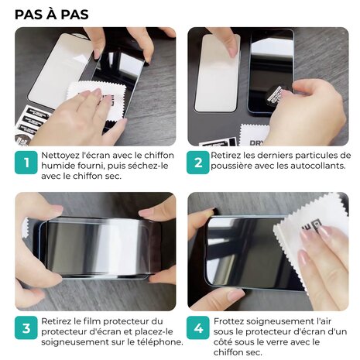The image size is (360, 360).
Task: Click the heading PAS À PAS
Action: click(x=51, y=14)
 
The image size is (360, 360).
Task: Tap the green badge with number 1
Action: click(x=26, y=163)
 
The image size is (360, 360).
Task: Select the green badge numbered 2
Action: click(x=199, y=163)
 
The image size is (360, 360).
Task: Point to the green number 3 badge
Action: click(x=26, y=329)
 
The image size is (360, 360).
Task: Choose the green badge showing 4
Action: click(x=199, y=329)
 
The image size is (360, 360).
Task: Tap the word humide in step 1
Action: click(x=60, y=164)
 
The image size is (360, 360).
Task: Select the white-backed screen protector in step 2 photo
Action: click(x=217, y=74)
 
